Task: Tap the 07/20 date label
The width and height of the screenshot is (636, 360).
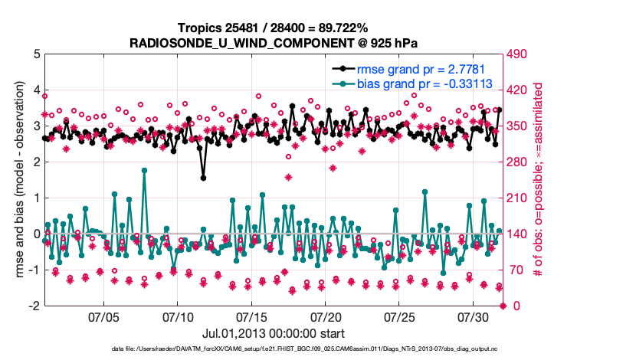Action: [325, 316]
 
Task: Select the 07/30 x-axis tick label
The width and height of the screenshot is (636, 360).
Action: [474, 316]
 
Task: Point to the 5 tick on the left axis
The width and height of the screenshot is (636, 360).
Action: [38, 54]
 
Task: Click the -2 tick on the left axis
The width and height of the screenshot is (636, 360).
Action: [34, 306]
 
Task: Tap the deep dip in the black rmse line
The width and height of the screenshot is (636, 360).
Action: [203, 178]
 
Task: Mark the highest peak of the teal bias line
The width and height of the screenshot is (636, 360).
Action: [144, 170]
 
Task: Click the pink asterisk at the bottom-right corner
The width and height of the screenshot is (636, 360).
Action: [503, 306]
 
